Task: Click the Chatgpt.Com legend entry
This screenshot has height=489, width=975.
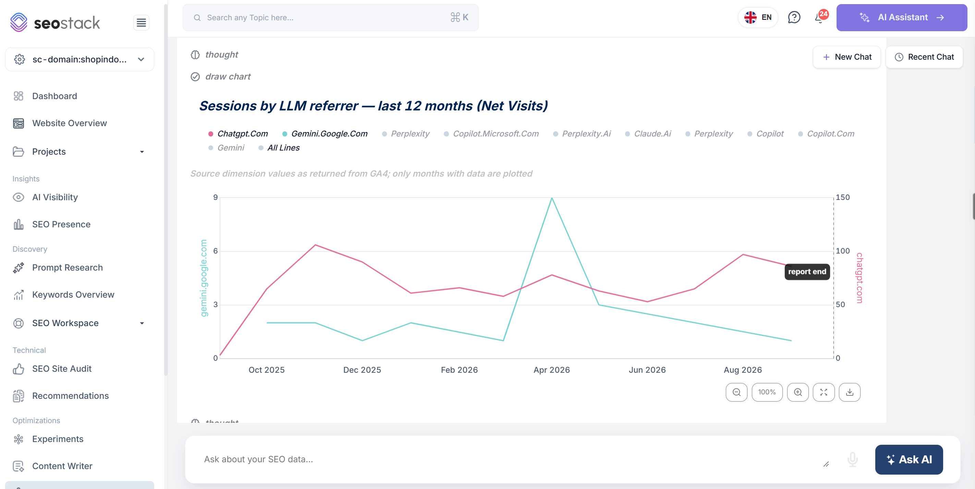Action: [x=238, y=134]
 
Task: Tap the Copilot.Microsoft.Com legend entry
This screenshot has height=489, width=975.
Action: [x=491, y=134]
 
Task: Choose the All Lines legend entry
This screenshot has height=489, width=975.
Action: [x=279, y=148]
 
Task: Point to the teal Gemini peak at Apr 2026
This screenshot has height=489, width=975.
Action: [x=552, y=198]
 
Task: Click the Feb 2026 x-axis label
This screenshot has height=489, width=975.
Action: [x=459, y=370]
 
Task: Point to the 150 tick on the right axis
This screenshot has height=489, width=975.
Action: [x=842, y=197]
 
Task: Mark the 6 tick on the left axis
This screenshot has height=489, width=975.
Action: [x=215, y=251]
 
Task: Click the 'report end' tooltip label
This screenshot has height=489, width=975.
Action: [x=807, y=272]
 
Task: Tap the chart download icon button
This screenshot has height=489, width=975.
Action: [x=850, y=392]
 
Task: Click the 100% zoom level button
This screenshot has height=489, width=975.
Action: [x=767, y=392]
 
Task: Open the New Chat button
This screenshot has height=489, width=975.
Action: [x=847, y=57]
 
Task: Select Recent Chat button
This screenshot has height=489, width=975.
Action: [x=924, y=57]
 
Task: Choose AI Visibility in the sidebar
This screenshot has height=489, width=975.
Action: [x=55, y=197]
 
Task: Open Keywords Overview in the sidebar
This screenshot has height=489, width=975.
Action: [x=73, y=295]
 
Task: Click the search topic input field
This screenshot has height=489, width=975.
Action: [x=330, y=17]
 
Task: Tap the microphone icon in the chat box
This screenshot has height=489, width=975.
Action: [x=852, y=459]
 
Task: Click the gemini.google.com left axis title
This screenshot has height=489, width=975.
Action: [x=204, y=278]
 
